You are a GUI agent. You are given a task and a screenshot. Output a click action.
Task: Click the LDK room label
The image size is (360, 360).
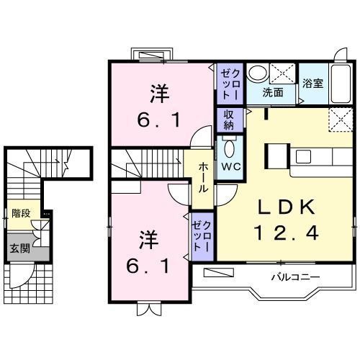tap(286, 208)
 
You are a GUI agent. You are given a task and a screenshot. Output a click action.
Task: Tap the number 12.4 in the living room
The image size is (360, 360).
tap(286, 233)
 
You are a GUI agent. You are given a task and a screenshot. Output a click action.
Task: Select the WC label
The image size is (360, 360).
tap(230, 166)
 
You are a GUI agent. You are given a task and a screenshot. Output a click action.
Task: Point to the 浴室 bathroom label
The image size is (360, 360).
tap(313, 84)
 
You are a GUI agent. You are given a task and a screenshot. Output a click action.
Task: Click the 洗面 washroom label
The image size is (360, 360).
tap(272, 92)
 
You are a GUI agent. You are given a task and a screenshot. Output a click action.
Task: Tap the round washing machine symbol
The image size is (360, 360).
tap(257, 73)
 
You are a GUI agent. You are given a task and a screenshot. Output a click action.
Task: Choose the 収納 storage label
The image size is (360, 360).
tap(228, 119)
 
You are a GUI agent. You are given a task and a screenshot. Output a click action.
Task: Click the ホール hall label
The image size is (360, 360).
tap(203, 176)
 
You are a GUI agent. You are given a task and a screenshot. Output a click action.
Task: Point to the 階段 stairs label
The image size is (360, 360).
tap(20, 213)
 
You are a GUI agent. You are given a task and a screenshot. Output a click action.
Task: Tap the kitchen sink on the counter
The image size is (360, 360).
tap(302, 156)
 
